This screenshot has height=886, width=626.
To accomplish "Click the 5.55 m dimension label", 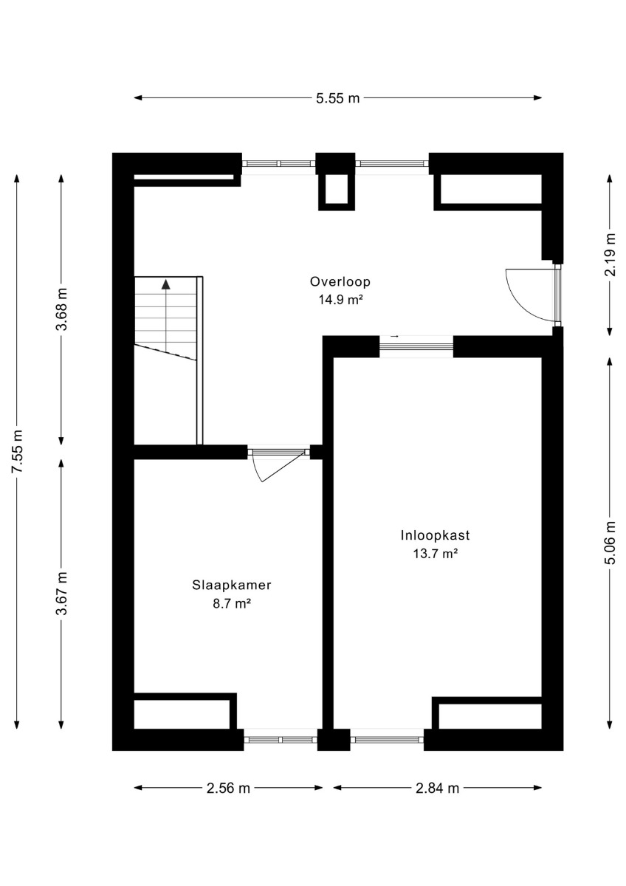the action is [x=337, y=97].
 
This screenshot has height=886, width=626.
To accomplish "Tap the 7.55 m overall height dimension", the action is [x=18, y=451].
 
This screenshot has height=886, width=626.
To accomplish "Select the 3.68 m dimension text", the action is [x=62, y=309].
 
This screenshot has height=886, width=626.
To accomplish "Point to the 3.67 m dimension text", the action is [x=62, y=594].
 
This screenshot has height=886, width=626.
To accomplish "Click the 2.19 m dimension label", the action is [x=610, y=255].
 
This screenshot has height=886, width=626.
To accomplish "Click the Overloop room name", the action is [x=340, y=281].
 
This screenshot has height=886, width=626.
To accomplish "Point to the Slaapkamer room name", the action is [x=232, y=585].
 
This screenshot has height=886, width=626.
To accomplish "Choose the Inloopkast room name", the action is [x=435, y=535].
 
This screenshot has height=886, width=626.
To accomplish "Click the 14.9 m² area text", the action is [x=341, y=300].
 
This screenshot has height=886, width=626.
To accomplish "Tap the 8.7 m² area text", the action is [x=232, y=604].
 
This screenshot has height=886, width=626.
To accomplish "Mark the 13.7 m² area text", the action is [x=436, y=554].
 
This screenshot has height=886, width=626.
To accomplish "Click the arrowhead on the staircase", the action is [x=165, y=284].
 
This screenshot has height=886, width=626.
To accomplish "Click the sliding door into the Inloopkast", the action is [x=416, y=346].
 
